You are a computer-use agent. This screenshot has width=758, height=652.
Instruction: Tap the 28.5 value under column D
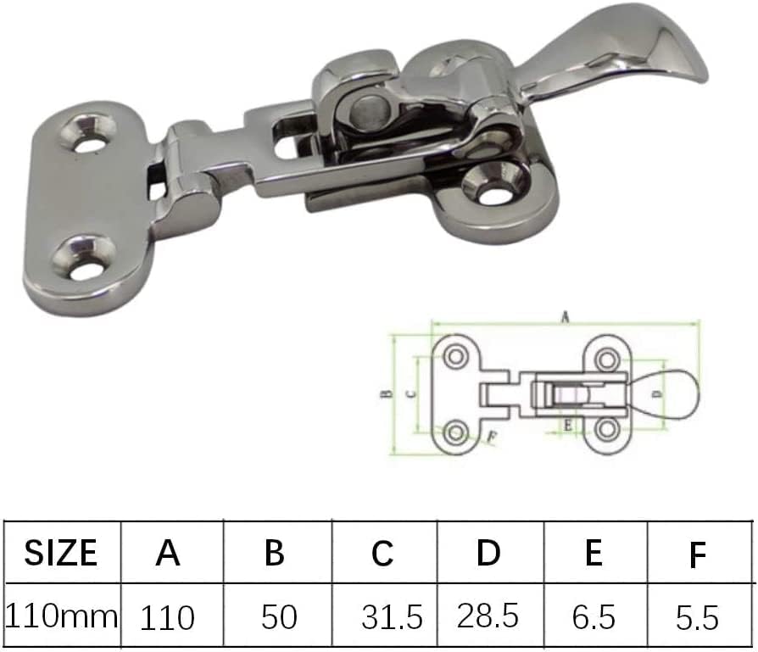pos(488,616)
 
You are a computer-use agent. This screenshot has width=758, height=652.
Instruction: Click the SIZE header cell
pos(61,553)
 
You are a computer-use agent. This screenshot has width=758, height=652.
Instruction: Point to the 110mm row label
pos(61,616)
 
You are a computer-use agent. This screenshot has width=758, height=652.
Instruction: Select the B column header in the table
pos(274,553)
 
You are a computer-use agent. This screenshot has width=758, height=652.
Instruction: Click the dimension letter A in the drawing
pos(565,317)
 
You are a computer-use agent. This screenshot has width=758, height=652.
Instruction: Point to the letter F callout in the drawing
pos(491,437)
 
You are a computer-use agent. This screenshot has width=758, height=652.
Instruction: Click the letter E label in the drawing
pos(566,426)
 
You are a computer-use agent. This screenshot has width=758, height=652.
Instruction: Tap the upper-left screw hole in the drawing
pos(456,356)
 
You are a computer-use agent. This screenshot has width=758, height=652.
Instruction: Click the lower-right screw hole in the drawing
pos(605,430)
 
